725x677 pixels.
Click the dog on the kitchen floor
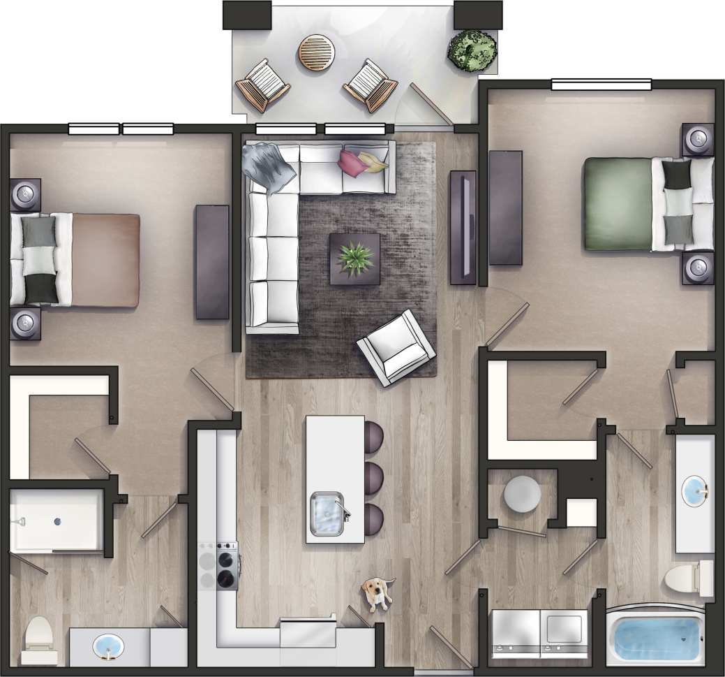click(x=378, y=592)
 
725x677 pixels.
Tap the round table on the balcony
click(x=317, y=52)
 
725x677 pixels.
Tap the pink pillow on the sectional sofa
click(x=352, y=162)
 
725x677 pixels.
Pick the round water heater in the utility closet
click(x=522, y=495)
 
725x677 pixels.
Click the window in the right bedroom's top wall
click(x=601, y=85)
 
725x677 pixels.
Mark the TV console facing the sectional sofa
click(x=463, y=227)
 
